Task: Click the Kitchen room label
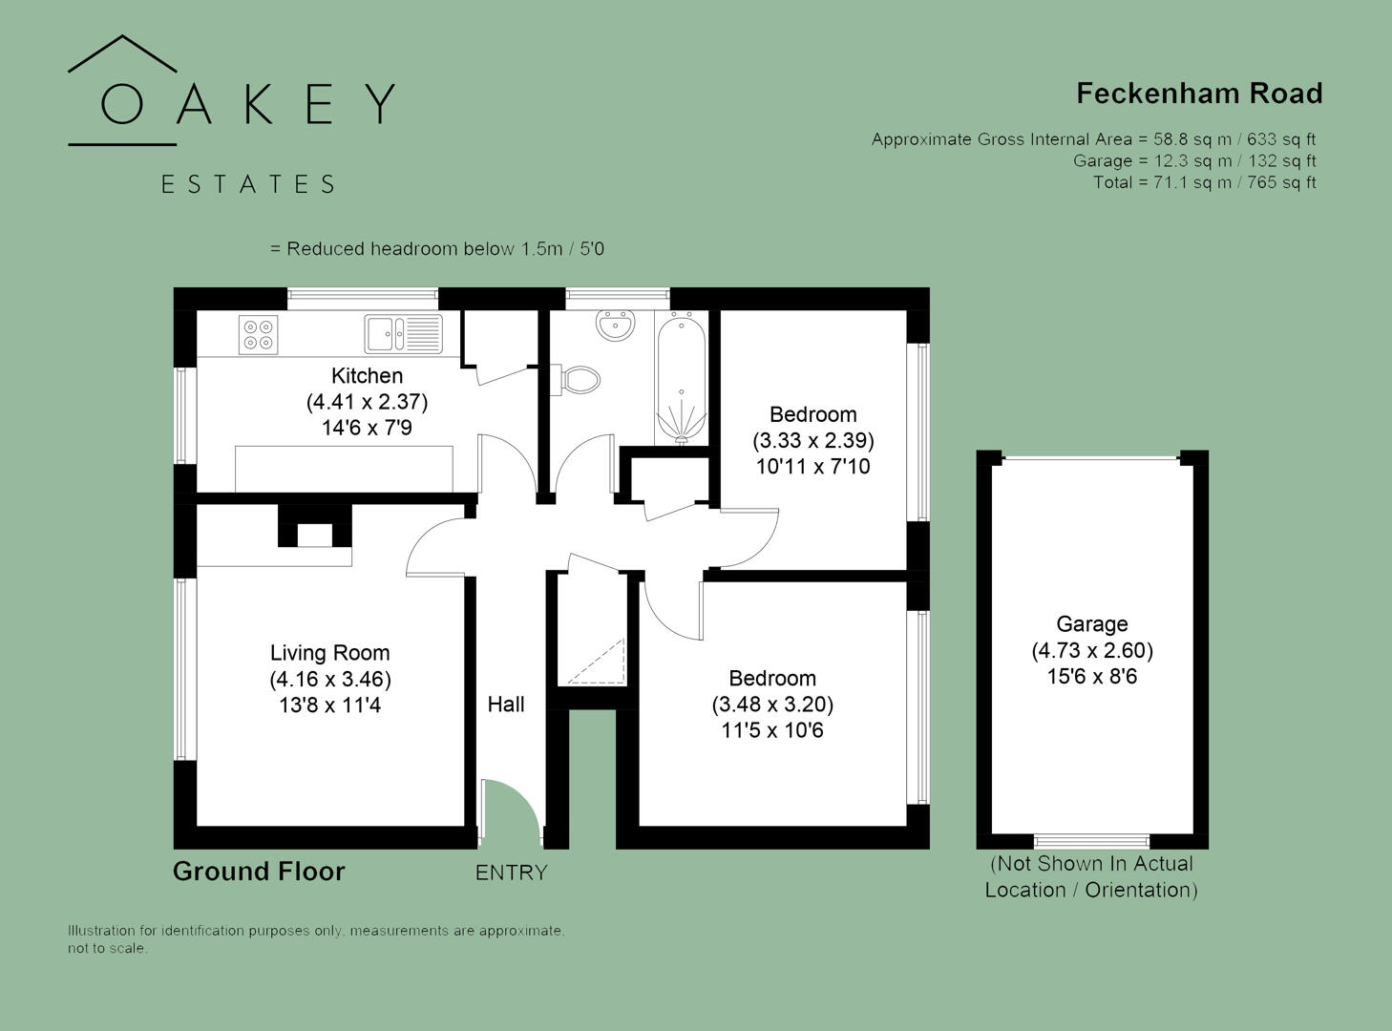point(367,376)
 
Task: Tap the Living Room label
point(329,653)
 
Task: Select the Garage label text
point(1091,624)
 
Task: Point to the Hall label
point(506,705)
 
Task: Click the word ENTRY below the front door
point(512,873)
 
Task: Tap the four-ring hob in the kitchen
point(258,334)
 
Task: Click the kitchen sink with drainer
point(403,333)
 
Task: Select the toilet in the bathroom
point(579,379)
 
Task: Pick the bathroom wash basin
point(616,325)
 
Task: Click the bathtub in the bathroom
point(681,378)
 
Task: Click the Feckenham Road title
point(1199,94)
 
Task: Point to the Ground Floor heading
point(259,872)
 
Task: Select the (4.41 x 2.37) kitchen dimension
point(367,402)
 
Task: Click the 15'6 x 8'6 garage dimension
point(1091,677)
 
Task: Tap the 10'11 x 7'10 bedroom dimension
point(812,467)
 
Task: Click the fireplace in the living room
point(314,531)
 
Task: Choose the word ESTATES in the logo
point(248,184)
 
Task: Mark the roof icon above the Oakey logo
point(122,54)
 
